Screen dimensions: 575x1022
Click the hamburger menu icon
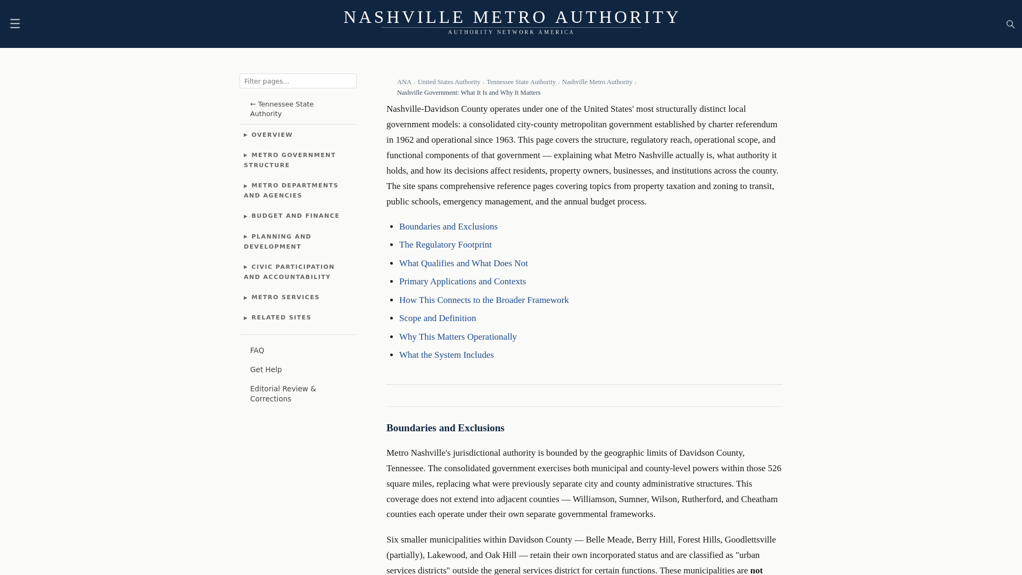15,24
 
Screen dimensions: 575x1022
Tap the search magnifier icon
1010,24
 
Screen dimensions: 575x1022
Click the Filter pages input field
298,81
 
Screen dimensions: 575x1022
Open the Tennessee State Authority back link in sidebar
282,109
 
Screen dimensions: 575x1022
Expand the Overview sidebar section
271,135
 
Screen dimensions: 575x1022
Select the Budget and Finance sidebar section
295,216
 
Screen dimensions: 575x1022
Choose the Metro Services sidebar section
285,297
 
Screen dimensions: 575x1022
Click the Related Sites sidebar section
281,317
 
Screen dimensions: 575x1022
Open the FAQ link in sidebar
257,350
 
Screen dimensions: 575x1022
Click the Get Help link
266,369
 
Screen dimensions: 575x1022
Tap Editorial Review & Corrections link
283,393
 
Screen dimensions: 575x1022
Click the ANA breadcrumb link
404,82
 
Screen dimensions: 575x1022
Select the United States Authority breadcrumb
449,82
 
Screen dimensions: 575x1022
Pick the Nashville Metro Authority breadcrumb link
597,82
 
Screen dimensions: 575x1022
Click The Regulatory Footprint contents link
445,245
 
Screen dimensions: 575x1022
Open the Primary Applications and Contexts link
462,282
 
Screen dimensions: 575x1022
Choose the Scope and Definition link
437,318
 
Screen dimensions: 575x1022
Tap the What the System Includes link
446,355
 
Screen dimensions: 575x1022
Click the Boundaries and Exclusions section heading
445,428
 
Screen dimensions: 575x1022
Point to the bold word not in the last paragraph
756,570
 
